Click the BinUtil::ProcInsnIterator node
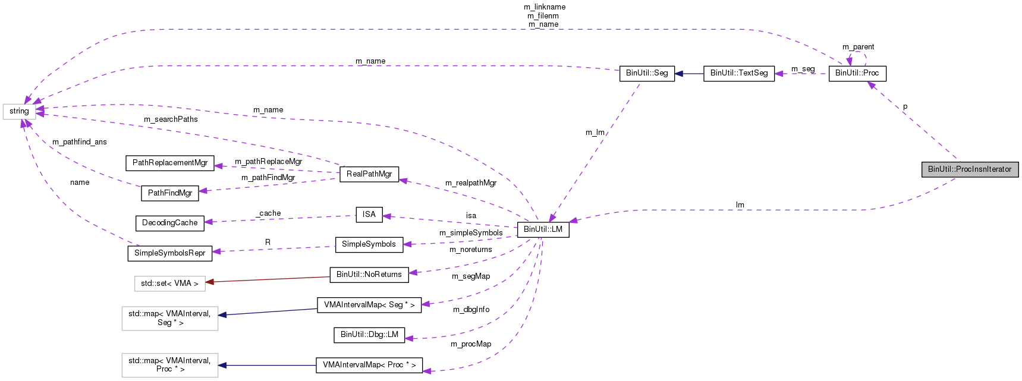tap(970, 169)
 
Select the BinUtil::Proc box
tap(857, 73)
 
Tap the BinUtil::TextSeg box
tap(739, 73)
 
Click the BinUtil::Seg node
tap(647, 73)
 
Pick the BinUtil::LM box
tap(543, 229)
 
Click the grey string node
tap(19, 111)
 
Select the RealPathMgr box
tap(369, 174)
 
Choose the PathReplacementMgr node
tap(170, 163)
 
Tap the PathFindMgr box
tap(170, 193)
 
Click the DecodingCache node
tap(170, 223)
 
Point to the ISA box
tap(369, 215)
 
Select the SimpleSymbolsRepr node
tap(170, 253)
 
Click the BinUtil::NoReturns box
tap(369, 275)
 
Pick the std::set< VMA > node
tap(169, 284)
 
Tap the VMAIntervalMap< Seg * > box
tap(369, 305)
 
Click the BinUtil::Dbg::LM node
tap(369, 335)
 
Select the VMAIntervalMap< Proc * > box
tap(369, 365)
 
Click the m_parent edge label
tap(858, 47)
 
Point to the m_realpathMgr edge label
tap(471, 183)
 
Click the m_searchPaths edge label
tap(171, 119)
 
